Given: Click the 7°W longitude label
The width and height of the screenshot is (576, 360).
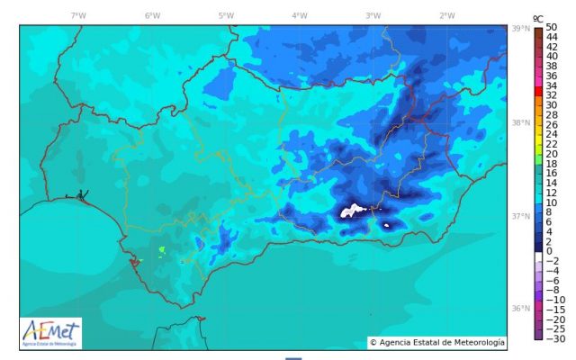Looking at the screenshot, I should click(79, 15).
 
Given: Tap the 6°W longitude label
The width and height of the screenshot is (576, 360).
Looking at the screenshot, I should click(152, 15).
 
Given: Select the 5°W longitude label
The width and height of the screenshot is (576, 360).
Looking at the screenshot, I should click(226, 15).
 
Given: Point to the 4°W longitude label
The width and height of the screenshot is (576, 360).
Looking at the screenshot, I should click(299, 15).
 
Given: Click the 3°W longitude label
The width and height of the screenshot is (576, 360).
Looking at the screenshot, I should click(373, 15).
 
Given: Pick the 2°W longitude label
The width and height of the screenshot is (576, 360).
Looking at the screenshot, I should click(446, 15).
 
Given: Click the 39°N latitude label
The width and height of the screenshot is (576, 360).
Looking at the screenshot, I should click(519, 29).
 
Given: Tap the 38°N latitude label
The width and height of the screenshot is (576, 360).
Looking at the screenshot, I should click(519, 123).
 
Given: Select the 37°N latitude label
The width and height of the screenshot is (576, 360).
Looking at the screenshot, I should click(519, 216).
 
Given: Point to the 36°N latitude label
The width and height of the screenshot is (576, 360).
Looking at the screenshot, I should click(519, 308).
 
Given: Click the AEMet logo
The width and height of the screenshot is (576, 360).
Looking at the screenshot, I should click(50, 332).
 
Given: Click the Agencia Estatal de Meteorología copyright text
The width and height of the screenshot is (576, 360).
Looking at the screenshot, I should click(437, 342).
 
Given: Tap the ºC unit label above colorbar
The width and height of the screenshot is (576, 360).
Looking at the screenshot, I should click(537, 17).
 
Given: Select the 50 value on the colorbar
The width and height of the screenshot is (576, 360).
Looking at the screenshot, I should click(552, 27).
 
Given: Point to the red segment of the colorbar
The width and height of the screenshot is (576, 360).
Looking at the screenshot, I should click(537, 93).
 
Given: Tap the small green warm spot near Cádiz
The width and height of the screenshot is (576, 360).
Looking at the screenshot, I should click(162, 249).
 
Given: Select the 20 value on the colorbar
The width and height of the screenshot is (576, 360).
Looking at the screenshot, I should click(552, 153).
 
